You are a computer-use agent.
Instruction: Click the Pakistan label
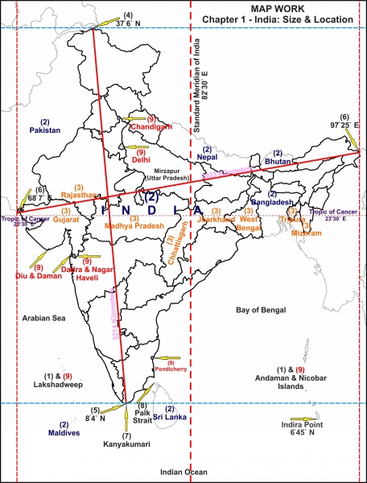pyautogui.click(x=45, y=130)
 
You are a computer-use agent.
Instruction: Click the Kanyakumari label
pyautogui.click(x=126, y=444)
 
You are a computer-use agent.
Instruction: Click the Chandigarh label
pyautogui.click(x=152, y=127)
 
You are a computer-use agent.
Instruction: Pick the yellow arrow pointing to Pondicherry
pyautogui.click(x=168, y=357)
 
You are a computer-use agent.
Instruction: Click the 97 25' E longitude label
pyautogui.click(x=344, y=126)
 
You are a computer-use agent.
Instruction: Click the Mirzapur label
pyautogui.click(x=168, y=172)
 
